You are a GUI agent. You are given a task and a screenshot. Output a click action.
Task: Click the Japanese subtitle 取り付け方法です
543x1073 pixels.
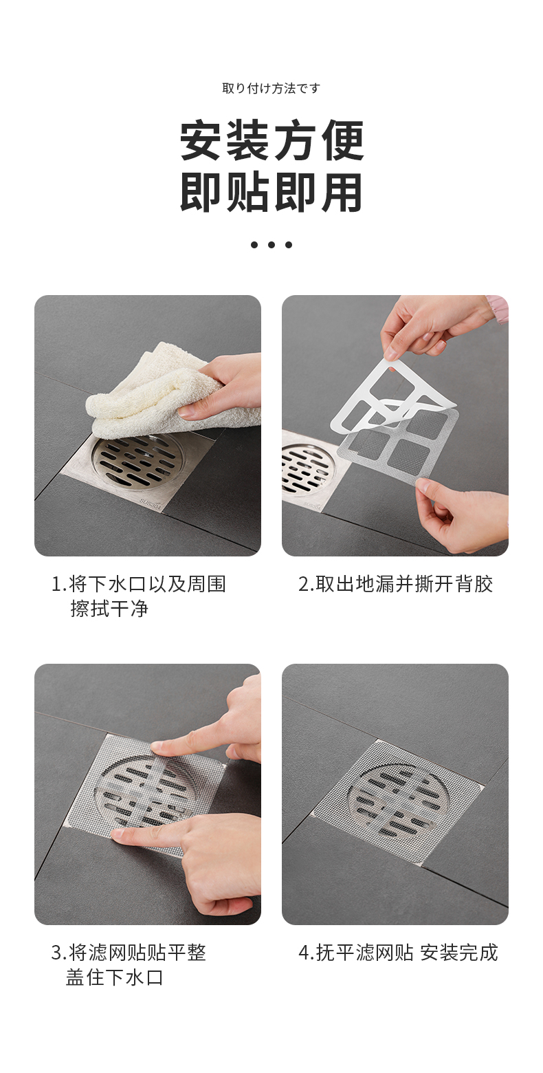271,88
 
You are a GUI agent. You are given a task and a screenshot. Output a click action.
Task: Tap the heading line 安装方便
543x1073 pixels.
271,140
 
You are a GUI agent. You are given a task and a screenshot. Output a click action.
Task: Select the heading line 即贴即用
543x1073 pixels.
271,193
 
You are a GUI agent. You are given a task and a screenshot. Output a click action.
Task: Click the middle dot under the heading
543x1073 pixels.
271,245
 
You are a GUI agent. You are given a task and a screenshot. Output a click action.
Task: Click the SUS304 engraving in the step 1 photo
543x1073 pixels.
151,503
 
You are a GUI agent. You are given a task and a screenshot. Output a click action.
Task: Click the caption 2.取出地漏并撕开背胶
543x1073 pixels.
395,584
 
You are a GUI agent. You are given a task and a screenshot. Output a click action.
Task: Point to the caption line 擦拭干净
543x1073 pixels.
109,609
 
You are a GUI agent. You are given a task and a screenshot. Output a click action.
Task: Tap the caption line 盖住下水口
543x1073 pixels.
115,977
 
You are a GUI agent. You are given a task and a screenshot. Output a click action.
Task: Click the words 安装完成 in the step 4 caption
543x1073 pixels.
459,953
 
